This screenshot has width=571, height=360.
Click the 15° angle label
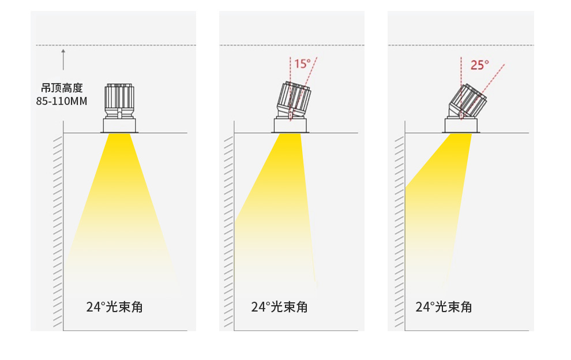[302, 63]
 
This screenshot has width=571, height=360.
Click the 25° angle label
[479, 65]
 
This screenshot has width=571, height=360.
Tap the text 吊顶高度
[62, 88]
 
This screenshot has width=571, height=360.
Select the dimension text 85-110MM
[62, 102]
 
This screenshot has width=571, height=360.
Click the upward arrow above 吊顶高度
[63, 59]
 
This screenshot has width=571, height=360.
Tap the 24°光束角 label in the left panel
[114, 307]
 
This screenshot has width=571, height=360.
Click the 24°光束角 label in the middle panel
[279, 307]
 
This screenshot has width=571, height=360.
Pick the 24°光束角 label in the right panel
[444, 307]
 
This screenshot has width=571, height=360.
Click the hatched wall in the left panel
[58, 231]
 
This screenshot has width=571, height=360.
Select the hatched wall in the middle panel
[229, 231]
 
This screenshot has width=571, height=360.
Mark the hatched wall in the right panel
[400, 231]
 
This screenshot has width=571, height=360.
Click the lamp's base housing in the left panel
[119, 125]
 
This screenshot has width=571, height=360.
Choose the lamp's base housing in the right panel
[461, 125]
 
